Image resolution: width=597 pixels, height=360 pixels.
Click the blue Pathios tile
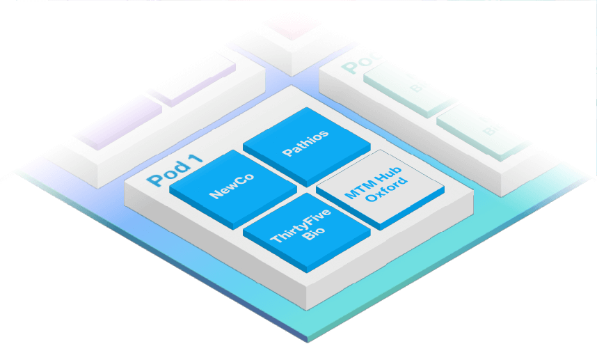306,141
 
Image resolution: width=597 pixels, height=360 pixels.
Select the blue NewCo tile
232,185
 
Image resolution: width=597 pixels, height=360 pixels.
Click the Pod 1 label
175,170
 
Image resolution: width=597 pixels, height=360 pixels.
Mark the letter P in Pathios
287,151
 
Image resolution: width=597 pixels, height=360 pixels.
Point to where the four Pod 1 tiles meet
306,187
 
